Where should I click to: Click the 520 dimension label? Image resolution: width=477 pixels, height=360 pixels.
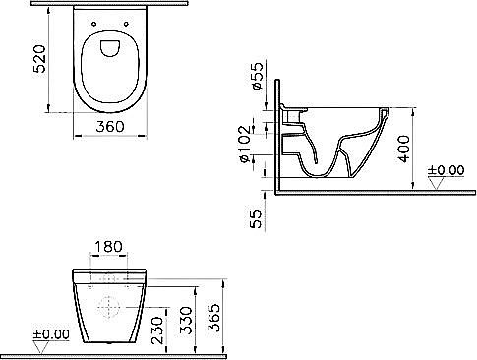[39, 59]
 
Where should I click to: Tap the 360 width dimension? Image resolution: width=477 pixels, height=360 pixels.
[110, 127]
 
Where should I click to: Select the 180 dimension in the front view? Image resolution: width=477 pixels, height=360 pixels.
[108, 247]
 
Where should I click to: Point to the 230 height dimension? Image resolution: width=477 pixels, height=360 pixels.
[157, 330]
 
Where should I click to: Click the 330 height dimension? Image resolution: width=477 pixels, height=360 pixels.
[186, 321]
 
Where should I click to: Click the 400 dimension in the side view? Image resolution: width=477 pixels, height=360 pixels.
[404, 149]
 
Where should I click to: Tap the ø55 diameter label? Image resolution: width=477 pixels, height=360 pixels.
[257, 76]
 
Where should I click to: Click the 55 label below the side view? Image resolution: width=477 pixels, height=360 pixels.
[256, 218]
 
